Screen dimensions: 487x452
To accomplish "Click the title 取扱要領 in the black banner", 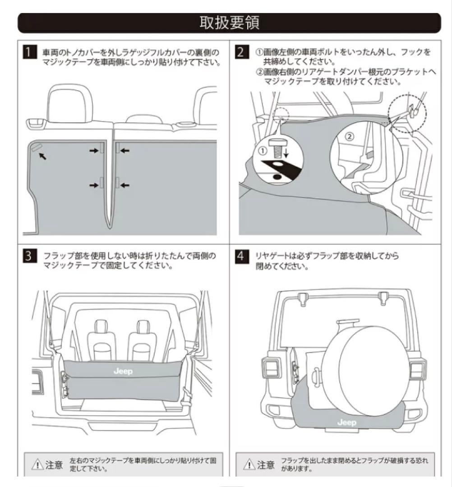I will (x=230, y=23).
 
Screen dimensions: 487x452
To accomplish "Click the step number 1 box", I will (x=29, y=52).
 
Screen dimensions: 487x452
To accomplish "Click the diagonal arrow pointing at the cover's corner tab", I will (x=42, y=156).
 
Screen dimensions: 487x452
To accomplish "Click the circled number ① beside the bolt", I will (x=263, y=152).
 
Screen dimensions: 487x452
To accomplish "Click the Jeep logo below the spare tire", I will (x=346, y=423).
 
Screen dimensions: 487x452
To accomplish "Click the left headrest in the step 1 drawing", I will (x=68, y=105).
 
